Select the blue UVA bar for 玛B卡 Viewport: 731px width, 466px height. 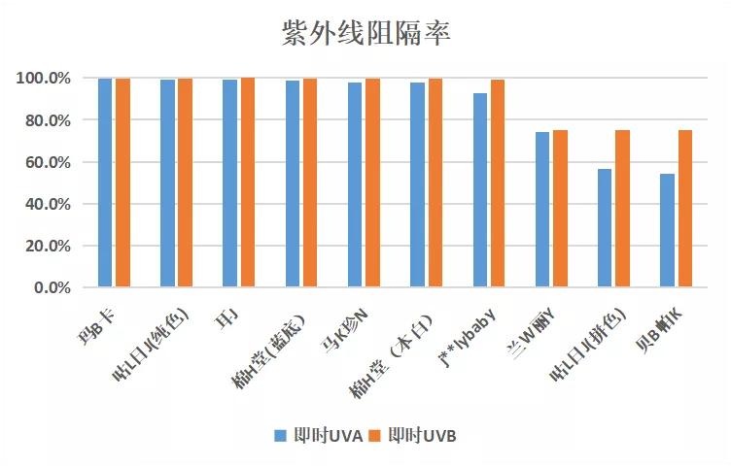tap(105, 183)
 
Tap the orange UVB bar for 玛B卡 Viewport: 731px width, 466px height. tap(122, 183)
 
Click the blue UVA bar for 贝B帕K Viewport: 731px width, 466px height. tap(667, 231)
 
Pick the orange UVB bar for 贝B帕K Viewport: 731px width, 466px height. tap(685, 209)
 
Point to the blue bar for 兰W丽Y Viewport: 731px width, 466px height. tap(541, 210)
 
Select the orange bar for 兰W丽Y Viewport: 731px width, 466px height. tap(560, 209)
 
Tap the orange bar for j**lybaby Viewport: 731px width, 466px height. tap(498, 183)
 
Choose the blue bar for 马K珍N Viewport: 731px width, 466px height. tap(355, 184)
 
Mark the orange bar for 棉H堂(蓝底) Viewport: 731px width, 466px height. tap(310, 183)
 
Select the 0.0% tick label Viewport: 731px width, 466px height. tap(52, 288)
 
